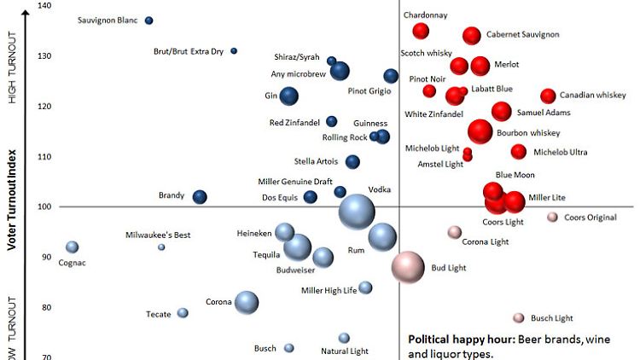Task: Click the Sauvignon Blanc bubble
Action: click(x=149, y=20)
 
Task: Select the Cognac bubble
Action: click(x=73, y=247)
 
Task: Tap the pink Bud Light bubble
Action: click(x=408, y=267)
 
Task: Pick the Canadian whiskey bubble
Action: click(x=548, y=96)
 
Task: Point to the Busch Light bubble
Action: click(x=518, y=318)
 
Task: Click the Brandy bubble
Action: click(x=200, y=197)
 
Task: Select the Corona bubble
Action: click(x=247, y=302)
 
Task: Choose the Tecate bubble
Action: click(x=183, y=313)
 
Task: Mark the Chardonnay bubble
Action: click(x=421, y=32)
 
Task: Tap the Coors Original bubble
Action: click(x=553, y=218)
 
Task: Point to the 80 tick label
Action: click(x=44, y=308)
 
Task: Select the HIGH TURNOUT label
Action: click(x=13, y=67)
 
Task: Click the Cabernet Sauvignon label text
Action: click(x=523, y=35)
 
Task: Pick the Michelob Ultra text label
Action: click(x=561, y=153)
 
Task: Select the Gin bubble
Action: click(x=289, y=96)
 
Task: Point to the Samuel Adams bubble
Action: click(x=502, y=112)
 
